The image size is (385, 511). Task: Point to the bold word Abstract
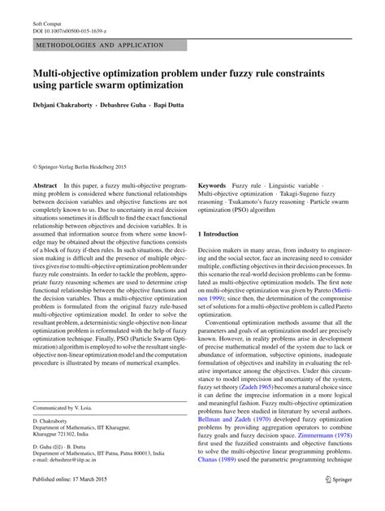(45, 185)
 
